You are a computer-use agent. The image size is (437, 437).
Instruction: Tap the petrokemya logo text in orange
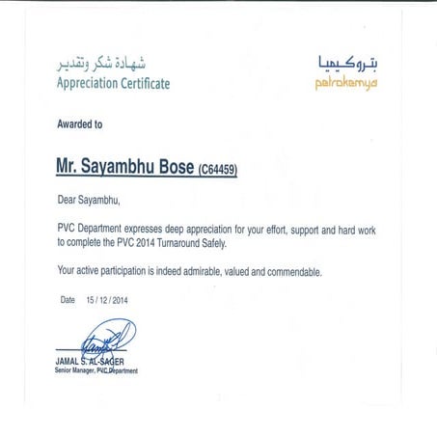(x=345, y=84)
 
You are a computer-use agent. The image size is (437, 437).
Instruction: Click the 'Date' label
(x=68, y=300)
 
